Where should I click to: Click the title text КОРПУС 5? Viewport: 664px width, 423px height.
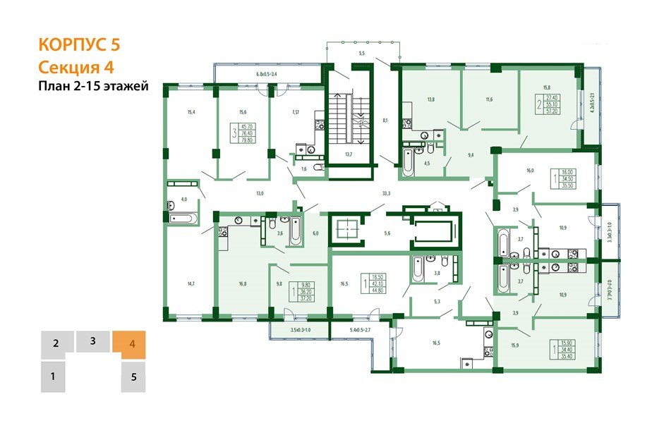(x=78, y=44)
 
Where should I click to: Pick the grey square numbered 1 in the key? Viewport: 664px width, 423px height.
(x=53, y=376)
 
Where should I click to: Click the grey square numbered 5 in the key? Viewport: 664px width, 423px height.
(x=133, y=376)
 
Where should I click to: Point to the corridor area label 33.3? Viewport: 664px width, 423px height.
(x=387, y=192)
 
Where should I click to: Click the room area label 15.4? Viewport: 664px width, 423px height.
(x=191, y=112)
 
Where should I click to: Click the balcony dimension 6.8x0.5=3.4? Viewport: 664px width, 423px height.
(x=266, y=74)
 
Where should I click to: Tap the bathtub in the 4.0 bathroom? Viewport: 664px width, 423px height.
(x=181, y=219)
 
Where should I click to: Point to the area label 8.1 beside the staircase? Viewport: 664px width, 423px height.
(x=385, y=121)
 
